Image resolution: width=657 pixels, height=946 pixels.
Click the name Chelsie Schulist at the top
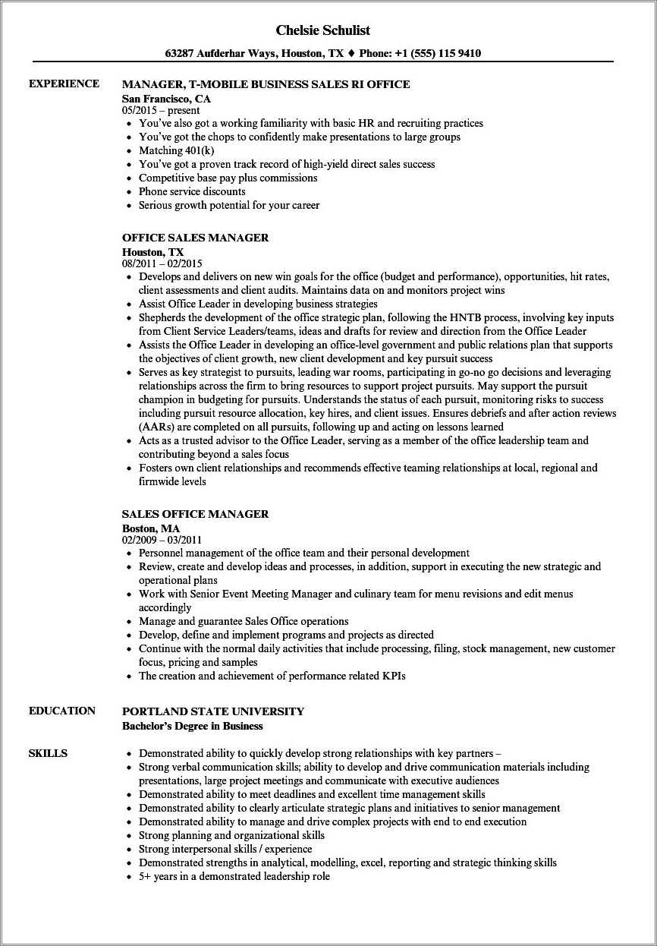(x=323, y=30)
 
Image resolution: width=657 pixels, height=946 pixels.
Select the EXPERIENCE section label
(x=64, y=84)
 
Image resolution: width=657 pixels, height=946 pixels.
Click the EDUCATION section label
(x=62, y=711)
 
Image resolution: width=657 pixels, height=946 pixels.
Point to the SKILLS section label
(x=48, y=753)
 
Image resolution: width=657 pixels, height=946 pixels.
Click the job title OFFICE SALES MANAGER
(x=195, y=238)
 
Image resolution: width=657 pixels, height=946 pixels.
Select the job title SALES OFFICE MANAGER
(x=195, y=514)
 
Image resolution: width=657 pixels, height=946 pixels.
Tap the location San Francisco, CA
(x=166, y=99)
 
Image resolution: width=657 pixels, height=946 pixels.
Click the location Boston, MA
(x=151, y=528)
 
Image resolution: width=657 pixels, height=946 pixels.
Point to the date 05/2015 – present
(x=161, y=111)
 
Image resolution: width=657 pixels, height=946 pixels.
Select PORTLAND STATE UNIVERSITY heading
(x=213, y=711)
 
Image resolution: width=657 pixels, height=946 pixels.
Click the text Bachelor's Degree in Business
(x=193, y=726)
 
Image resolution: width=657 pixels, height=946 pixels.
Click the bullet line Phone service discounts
(x=191, y=191)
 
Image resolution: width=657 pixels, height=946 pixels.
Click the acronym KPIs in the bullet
(x=394, y=676)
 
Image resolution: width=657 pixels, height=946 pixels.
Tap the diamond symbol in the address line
(x=351, y=53)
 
